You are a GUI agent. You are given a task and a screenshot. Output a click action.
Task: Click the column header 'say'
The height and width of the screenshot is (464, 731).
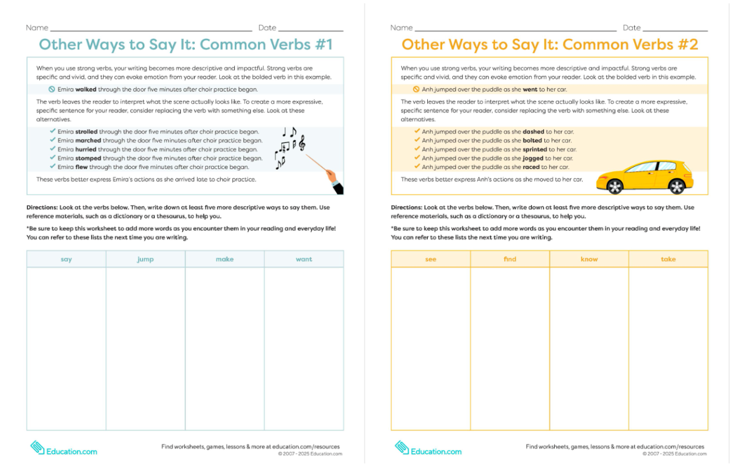(66, 260)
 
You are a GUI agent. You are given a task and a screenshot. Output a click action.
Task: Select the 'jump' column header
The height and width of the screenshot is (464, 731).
(146, 260)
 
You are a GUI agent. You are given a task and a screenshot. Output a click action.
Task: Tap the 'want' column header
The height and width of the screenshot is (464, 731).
(304, 260)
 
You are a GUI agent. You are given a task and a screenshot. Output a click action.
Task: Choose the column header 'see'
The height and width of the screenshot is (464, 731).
(431, 260)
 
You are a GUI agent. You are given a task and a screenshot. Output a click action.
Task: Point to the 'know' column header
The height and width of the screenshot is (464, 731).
(589, 260)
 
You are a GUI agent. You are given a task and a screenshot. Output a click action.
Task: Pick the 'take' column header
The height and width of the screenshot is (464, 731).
(668, 260)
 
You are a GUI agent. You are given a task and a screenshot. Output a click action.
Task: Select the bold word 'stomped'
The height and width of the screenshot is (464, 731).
(88, 158)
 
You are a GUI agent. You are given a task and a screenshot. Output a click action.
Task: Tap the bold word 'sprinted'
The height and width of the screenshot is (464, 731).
(534, 149)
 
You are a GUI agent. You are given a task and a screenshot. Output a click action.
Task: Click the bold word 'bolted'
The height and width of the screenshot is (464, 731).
(532, 141)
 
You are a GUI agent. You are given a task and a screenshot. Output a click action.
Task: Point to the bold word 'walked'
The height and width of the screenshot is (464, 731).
(86, 90)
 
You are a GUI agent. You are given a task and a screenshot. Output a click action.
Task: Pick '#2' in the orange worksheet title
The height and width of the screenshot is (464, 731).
(686, 45)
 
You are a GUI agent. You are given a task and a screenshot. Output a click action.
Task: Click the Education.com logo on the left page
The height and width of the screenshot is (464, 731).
(64, 449)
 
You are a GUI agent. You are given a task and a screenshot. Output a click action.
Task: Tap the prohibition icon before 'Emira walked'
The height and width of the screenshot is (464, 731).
(52, 90)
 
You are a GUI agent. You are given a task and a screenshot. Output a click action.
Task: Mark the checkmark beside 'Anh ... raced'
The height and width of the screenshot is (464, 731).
(417, 167)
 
